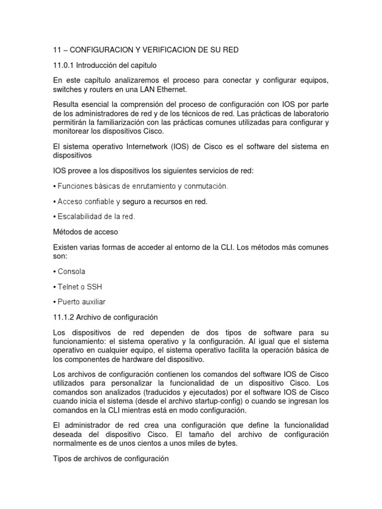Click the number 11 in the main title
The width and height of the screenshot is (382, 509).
point(57,50)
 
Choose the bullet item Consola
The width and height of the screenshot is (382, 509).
point(71,271)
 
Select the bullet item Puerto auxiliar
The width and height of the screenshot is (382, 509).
point(81,302)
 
